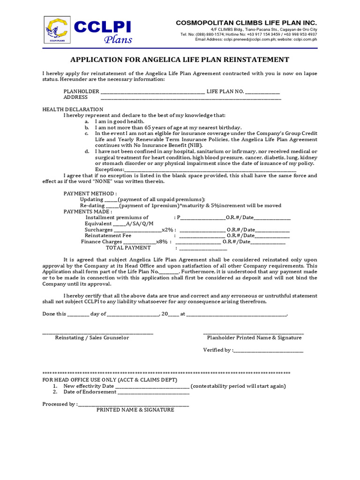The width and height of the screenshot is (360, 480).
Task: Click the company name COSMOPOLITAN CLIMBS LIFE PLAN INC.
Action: coord(246,23)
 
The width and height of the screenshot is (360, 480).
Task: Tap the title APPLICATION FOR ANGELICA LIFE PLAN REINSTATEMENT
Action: coord(180,60)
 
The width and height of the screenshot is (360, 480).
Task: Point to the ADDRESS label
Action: coord(75,97)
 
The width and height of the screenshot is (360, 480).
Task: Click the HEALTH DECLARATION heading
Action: coord(73,109)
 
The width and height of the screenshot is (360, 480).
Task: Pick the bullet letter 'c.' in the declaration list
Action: coord(87,134)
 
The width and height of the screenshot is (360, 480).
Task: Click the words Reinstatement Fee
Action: coord(108,236)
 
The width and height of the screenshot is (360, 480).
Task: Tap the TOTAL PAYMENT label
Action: coord(128,248)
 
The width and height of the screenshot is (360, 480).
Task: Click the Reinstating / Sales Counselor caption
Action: coord(92,338)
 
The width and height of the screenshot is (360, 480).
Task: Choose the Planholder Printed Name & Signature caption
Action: coord(254,338)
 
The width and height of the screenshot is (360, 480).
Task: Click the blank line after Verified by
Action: coord(268,351)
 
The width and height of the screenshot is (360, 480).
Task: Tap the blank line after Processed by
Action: coord(134,405)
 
